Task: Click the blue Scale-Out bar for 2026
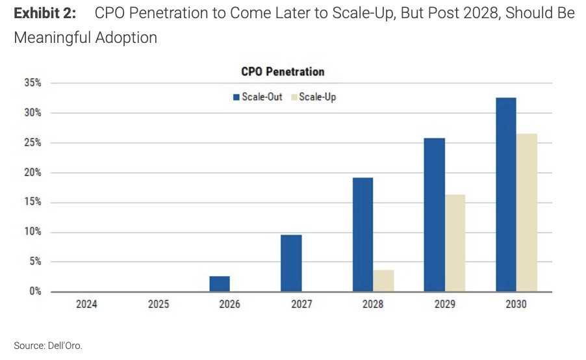220,284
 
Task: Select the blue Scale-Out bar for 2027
291,263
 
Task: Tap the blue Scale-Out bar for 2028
363,235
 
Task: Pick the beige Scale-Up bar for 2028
383,281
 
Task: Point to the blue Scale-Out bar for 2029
435,215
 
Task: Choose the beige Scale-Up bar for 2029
455,243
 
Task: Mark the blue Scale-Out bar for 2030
506,195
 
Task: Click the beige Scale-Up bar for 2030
527,212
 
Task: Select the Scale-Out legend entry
257,97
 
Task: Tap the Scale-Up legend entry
314,97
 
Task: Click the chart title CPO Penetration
283,71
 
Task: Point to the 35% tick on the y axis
33,83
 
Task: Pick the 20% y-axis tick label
33,172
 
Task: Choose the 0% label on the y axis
36,291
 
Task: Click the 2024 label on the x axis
86,304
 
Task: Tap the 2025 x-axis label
159,304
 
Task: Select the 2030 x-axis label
516,304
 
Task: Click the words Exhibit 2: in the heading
45,13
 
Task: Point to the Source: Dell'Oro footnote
48,346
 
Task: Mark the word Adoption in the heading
126,38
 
